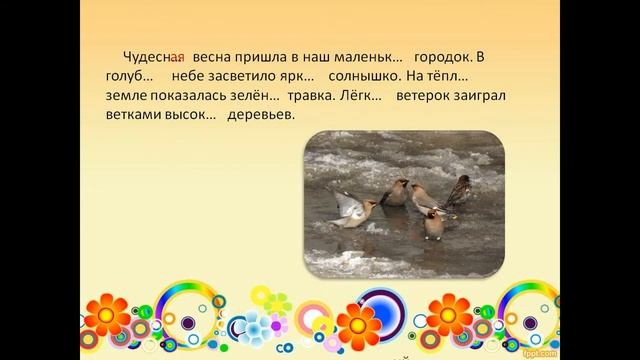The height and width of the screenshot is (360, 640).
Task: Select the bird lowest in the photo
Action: pyautogui.click(x=433, y=224)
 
